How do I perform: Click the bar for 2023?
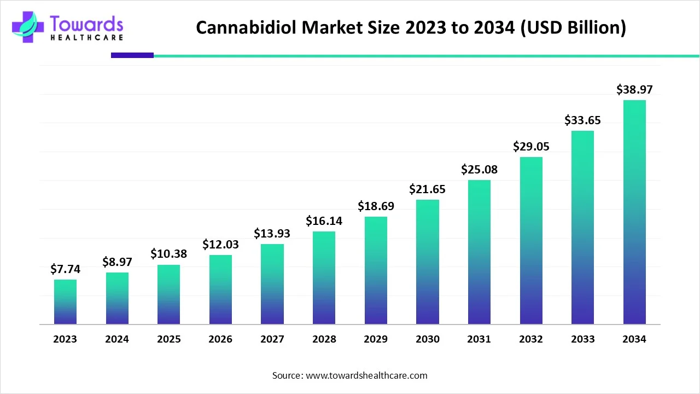click(x=65, y=302)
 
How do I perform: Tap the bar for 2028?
click(x=324, y=277)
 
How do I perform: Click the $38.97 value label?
click(x=634, y=89)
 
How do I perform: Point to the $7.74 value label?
click(x=65, y=269)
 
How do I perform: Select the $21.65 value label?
click(x=427, y=189)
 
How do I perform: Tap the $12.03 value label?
click(x=220, y=244)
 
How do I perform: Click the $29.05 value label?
click(x=531, y=146)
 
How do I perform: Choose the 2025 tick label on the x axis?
click(x=168, y=339)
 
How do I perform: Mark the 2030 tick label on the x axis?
click(x=427, y=339)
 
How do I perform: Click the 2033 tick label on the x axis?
click(x=582, y=339)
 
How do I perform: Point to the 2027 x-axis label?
click(x=272, y=339)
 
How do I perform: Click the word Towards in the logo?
click(x=86, y=24)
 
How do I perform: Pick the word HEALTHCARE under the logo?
click(x=86, y=37)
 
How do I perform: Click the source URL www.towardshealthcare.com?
click(x=366, y=375)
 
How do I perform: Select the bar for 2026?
click(x=220, y=289)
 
